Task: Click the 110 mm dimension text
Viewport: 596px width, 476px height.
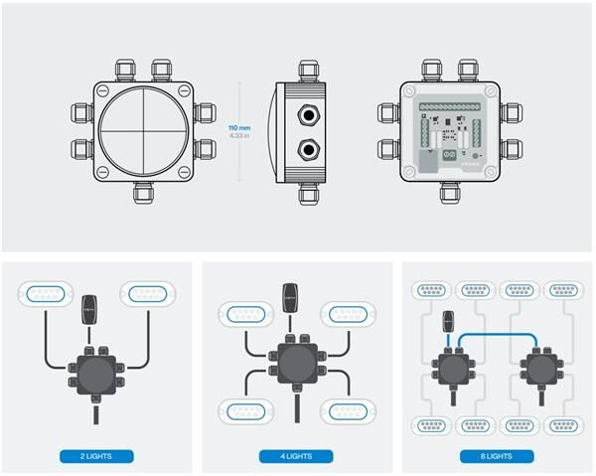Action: (x=239, y=128)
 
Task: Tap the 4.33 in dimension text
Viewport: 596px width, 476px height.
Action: (x=239, y=136)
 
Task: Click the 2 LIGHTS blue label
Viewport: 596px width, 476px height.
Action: (x=95, y=456)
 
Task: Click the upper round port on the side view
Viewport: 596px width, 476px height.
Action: (x=311, y=114)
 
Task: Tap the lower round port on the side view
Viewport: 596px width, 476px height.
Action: (x=311, y=151)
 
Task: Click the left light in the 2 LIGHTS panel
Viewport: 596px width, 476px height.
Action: (x=43, y=295)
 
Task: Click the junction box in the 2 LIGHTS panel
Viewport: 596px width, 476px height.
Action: (x=95, y=375)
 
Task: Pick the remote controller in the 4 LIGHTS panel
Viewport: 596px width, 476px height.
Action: (x=292, y=296)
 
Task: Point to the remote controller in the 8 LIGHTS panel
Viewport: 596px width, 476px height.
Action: (x=448, y=321)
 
